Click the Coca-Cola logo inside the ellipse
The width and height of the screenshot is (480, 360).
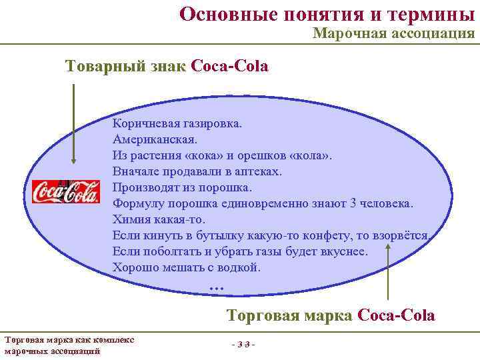click(x=66, y=191)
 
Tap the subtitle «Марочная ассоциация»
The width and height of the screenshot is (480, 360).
click(x=393, y=33)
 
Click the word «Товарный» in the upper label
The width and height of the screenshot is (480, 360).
click(x=103, y=67)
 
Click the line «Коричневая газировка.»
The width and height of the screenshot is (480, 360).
click(x=178, y=124)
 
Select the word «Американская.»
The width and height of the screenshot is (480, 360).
click(x=155, y=140)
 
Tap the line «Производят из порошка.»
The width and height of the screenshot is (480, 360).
click(x=182, y=187)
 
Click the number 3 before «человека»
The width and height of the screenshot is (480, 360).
click(x=354, y=203)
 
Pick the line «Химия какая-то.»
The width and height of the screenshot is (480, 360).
click(x=159, y=219)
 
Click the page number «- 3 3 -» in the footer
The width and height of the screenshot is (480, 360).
click(x=243, y=343)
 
